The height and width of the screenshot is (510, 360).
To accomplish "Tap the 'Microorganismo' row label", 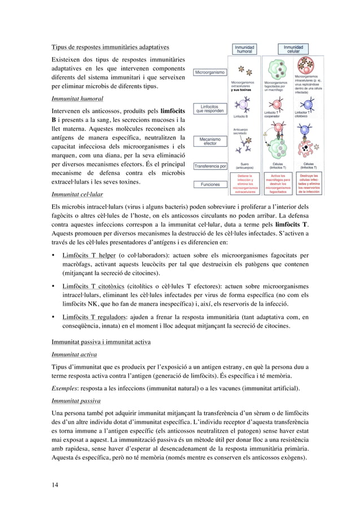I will pos(210,72).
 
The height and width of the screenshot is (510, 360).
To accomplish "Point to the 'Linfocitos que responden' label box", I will pos(210,108).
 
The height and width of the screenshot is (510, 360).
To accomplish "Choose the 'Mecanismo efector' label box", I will pos(210,141).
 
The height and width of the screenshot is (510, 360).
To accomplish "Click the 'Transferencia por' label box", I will pos(210,166).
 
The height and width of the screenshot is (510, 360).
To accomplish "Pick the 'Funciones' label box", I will pos(210,184).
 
